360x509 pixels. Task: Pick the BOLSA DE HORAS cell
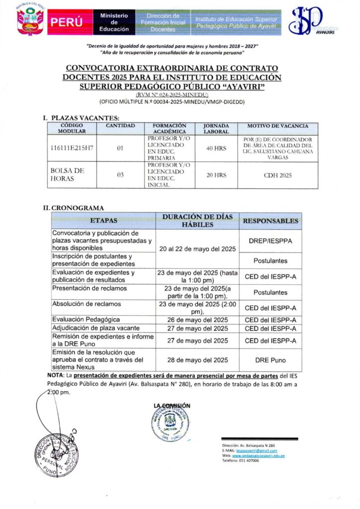tap(68, 174)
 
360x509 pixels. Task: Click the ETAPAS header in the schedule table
tap(104, 221)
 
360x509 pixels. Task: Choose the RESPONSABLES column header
tap(270, 221)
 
